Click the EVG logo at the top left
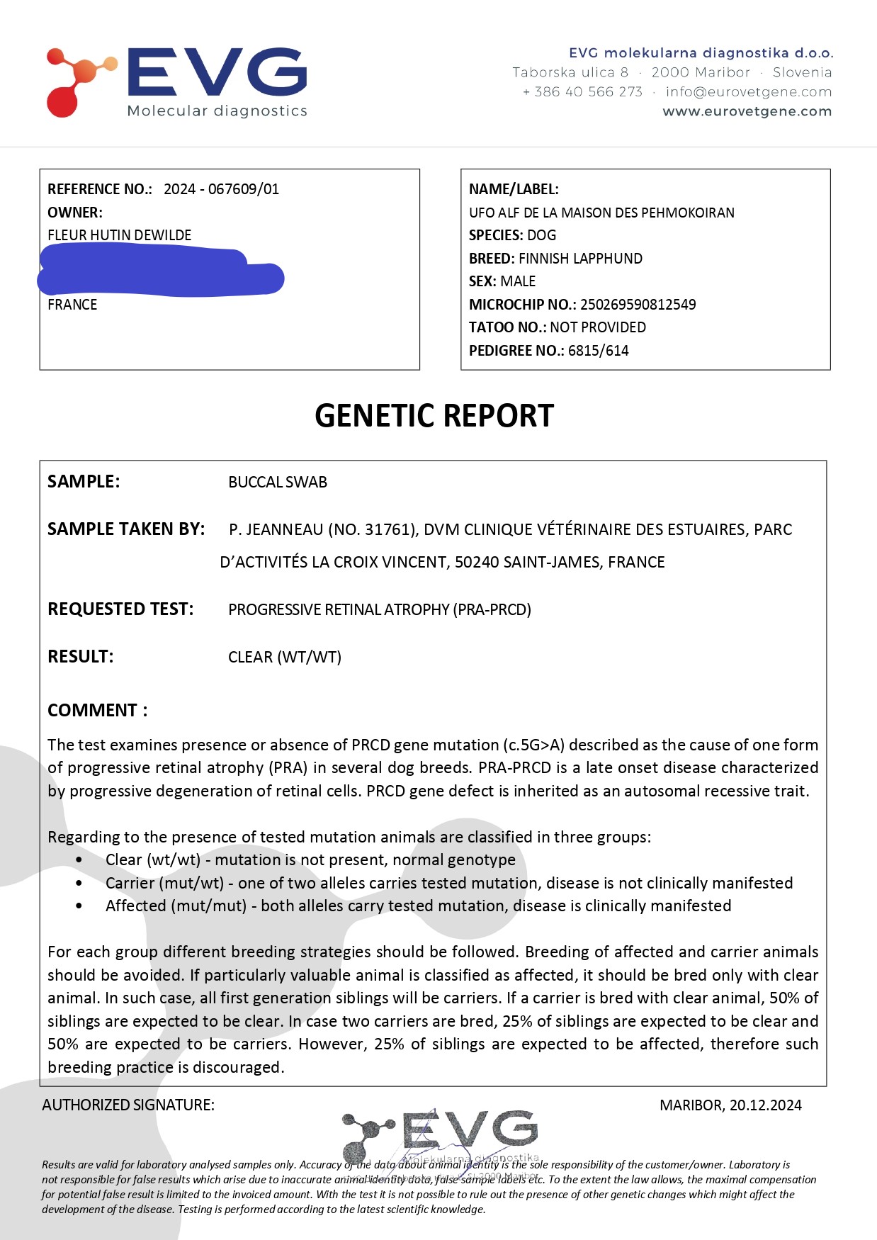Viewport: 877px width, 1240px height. coord(177,81)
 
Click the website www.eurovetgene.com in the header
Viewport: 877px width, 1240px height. coord(747,111)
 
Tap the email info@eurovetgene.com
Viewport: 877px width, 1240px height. coord(748,91)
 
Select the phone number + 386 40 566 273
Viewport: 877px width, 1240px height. coord(582,91)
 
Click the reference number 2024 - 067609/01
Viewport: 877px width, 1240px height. coord(221,189)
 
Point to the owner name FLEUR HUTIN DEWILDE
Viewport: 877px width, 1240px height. coord(119,235)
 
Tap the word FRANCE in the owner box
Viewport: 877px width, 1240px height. coord(72,305)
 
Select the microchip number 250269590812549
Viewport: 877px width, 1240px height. coord(638,305)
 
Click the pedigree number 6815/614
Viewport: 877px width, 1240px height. coord(598,351)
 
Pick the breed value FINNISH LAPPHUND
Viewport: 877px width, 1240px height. coord(580,259)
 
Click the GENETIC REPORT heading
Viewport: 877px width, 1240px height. coord(434,416)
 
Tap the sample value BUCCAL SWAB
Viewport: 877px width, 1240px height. coord(278,483)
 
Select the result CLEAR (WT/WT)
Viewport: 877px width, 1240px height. coord(285,657)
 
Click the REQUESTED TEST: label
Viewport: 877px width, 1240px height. coord(120,609)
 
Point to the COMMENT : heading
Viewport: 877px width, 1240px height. coord(98,711)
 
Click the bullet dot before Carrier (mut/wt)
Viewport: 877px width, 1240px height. coord(79,884)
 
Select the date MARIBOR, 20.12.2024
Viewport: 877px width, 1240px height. coord(730,1105)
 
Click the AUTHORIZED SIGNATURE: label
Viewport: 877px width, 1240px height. coord(128,1105)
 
